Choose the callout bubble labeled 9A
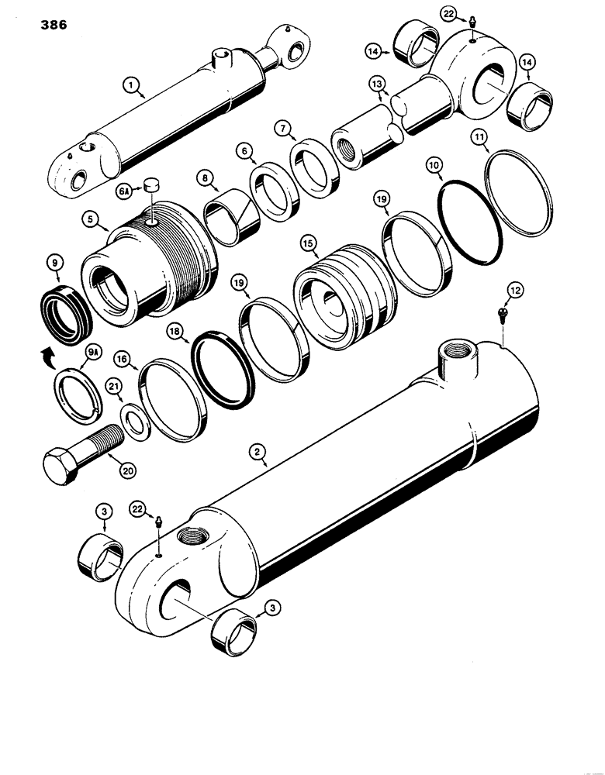(x=92, y=353)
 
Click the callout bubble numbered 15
(x=309, y=243)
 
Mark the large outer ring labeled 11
(x=519, y=190)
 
